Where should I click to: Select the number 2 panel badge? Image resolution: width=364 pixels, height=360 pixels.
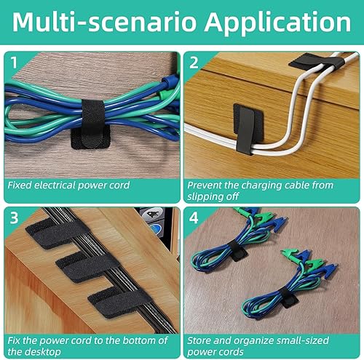194,63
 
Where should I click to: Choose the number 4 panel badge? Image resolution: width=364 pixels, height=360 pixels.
194,217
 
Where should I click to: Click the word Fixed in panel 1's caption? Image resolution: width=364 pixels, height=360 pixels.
21,185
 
